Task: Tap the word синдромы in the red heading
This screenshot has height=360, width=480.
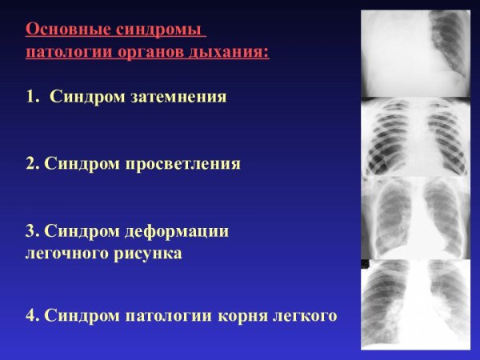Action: [158, 30]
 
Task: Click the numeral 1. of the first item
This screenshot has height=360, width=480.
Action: [32, 97]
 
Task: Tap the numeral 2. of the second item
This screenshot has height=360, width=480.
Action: [32, 164]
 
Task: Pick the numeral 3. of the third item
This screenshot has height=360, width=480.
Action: [32, 231]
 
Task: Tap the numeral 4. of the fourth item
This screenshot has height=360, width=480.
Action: [32, 315]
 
